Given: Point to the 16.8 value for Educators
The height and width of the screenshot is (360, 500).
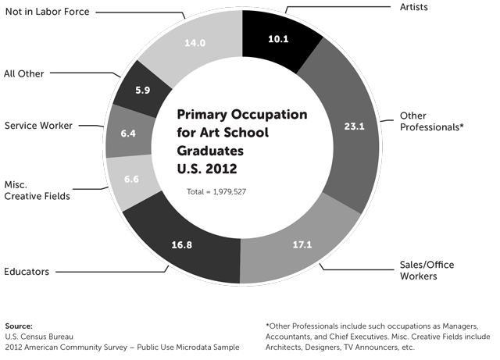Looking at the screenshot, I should (182, 244).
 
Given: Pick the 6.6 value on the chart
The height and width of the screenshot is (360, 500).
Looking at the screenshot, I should (131, 180).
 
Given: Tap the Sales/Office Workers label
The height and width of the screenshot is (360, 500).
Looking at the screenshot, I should (428, 270).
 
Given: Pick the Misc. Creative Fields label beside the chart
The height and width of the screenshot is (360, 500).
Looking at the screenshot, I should (37, 190).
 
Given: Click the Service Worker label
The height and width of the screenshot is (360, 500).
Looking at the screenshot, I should (37, 125).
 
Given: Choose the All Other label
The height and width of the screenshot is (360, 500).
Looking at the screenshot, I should (24, 73).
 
